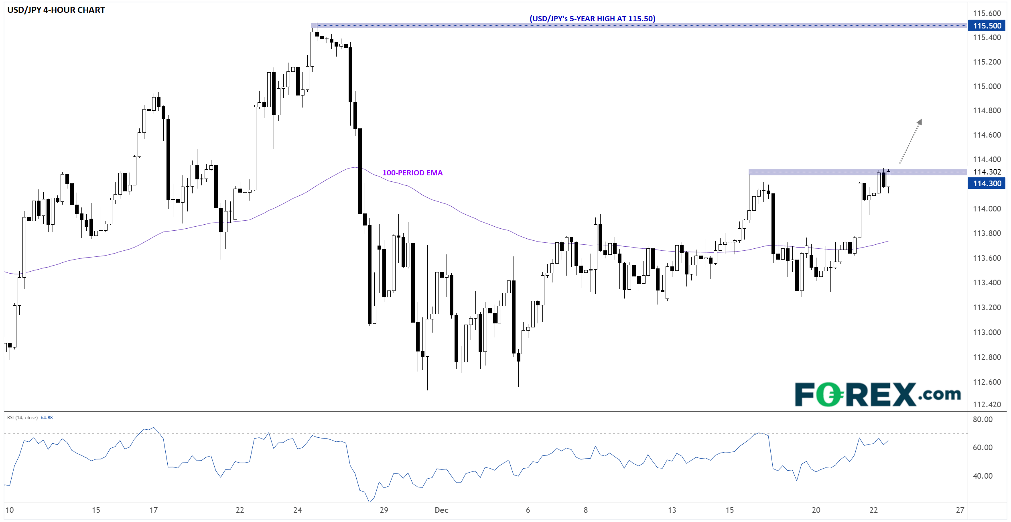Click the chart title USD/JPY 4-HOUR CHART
pyautogui.click(x=56, y=10)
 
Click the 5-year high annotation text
pyautogui.click(x=592, y=18)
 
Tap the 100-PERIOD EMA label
pyautogui.click(x=412, y=173)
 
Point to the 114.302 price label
pyautogui.click(x=987, y=172)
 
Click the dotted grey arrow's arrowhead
pyautogui.click(x=919, y=122)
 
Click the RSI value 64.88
pyautogui.click(x=47, y=418)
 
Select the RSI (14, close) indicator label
pyautogui.click(x=22, y=418)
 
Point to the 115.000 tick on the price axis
pyautogui.click(x=987, y=86)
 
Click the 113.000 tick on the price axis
pyautogui.click(x=987, y=332)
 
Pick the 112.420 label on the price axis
pyautogui.click(x=987, y=404)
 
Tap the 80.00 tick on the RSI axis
pyautogui.click(x=983, y=419)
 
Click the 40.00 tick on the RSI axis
pyautogui.click(x=983, y=476)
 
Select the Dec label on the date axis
pyautogui.click(x=441, y=510)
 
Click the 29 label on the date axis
pyautogui.click(x=384, y=510)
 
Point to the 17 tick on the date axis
pyautogui.click(x=154, y=510)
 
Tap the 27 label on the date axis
pyautogui.click(x=960, y=510)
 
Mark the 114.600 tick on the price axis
pyautogui.click(x=987, y=135)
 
